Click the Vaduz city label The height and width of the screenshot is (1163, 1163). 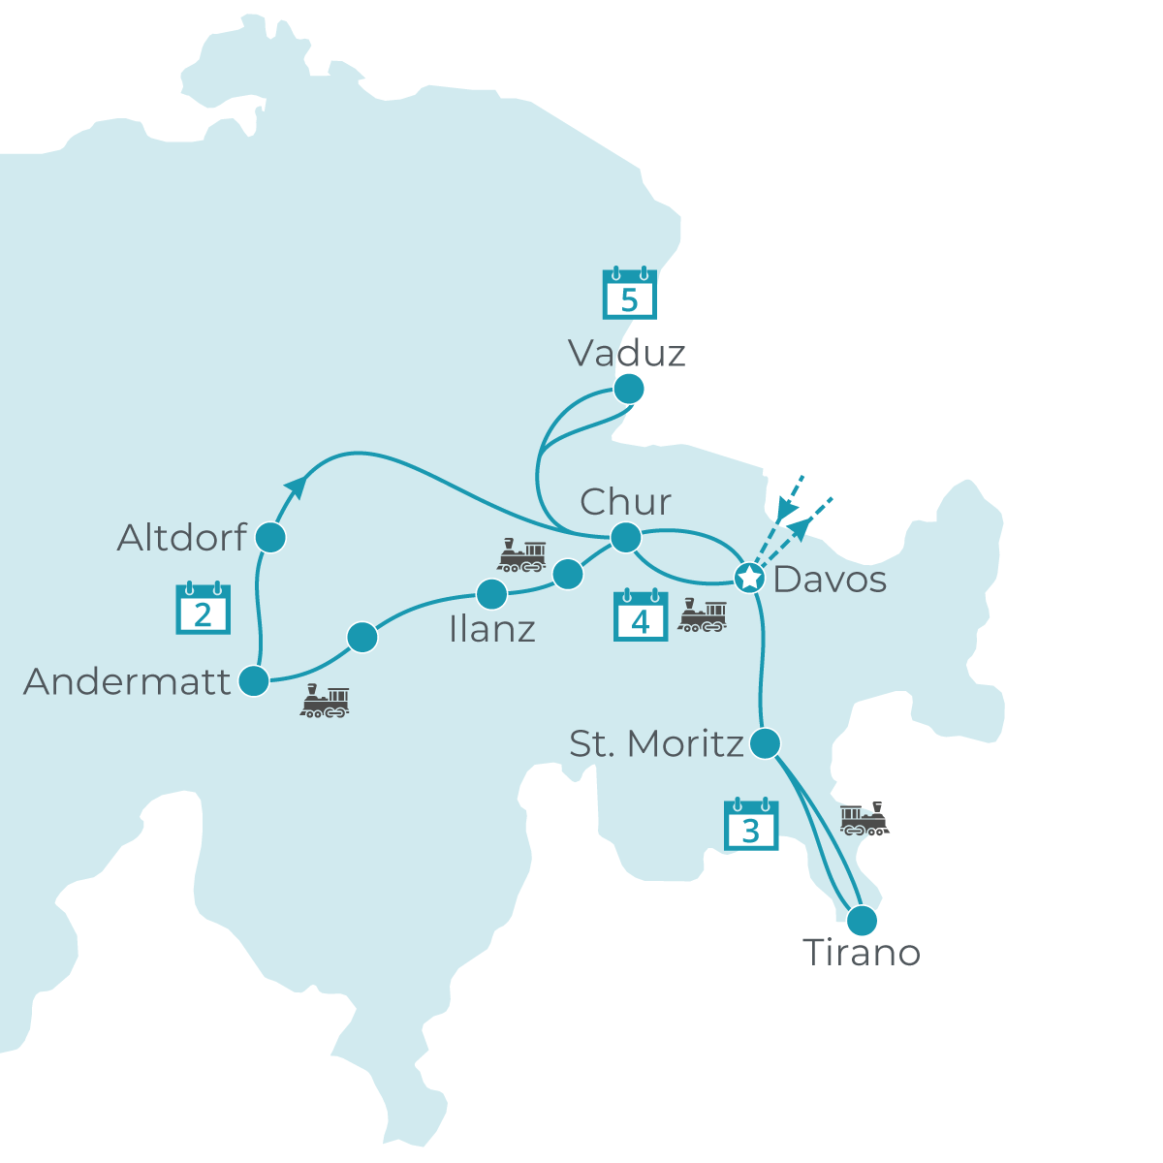click(x=627, y=353)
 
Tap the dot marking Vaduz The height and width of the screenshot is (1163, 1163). click(x=629, y=390)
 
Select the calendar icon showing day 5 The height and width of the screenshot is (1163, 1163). click(x=630, y=294)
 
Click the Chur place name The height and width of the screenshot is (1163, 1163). click(x=625, y=502)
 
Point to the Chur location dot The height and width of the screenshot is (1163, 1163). click(x=625, y=537)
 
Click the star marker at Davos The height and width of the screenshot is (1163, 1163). click(x=749, y=579)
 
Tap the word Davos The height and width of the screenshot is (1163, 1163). click(x=830, y=580)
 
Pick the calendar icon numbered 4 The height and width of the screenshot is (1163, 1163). click(x=641, y=615)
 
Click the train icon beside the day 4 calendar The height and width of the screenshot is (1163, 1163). click(x=702, y=616)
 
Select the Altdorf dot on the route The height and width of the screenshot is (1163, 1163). click(x=271, y=537)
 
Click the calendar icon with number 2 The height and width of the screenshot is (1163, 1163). click(x=203, y=609)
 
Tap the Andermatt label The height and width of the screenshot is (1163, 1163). click(x=128, y=682)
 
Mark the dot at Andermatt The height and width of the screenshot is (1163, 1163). click(x=254, y=681)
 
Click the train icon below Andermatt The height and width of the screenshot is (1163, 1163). click(x=325, y=701)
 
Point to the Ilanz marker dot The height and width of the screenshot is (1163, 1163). click(x=491, y=593)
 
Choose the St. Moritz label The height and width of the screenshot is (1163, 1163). click(x=656, y=744)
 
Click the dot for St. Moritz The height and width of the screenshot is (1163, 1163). click(x=766, y=743)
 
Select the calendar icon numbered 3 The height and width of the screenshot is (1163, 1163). click(x=751, y=824)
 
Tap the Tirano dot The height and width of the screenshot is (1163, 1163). click(x=861, y=919)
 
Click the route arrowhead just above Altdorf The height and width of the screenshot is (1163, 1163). click(x=297, y=487)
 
